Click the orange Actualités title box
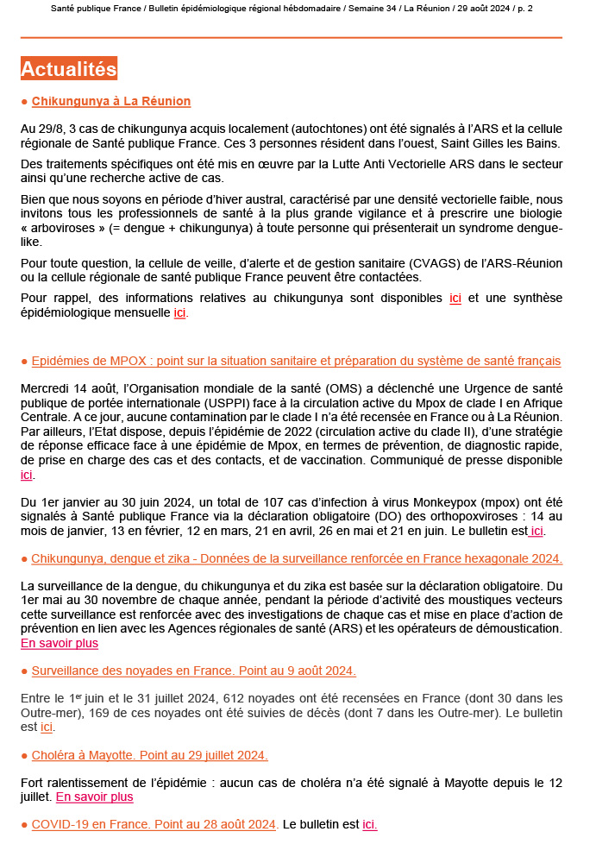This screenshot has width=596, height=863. [x=68, y=69]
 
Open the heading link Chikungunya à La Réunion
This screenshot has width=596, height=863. [x=110, y=102]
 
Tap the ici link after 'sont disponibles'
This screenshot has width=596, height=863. [x=455, y=299]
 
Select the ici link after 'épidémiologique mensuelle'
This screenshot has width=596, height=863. [x=179, y=312]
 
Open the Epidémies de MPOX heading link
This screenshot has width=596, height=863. [x=296, y=361]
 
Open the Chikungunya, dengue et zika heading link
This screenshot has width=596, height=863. [x=297, y=558]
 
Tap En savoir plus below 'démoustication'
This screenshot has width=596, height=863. [x=59, y=643]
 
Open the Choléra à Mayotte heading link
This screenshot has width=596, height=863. [x=149, y=755]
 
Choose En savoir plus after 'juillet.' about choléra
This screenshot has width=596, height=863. [x=94, y=797]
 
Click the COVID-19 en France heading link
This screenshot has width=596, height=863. [x=154, y=824]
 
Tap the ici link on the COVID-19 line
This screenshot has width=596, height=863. [x=370, y=824]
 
